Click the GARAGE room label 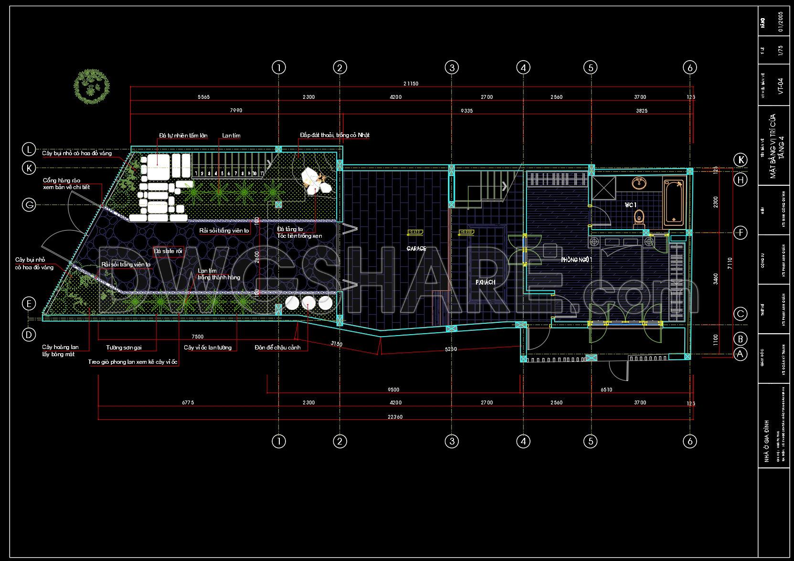[x=416, y=248]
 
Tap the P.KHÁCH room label [x=485, y=282]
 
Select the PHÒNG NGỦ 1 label [x=577, y=260]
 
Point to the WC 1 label [x=631, y=205]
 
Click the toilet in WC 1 [x=639, y=219]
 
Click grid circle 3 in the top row [x=452, y=68]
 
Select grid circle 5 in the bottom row [x=591, y=441]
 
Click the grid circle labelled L [x=29, y=149]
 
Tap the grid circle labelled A [x=740, y=354]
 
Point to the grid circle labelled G [x=29, y=205]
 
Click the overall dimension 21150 [x=411, y=84]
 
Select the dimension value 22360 [x=396, y=417]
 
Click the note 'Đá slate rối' [x=168, y=251]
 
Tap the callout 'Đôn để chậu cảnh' [x=277, y=348]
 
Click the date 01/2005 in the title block [x=780, y=22]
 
